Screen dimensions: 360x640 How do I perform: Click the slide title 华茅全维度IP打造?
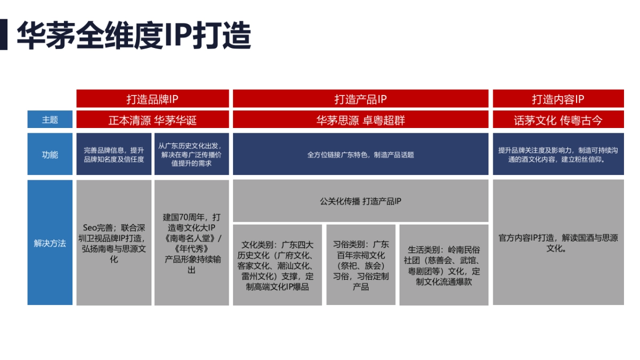[x=133, y=36]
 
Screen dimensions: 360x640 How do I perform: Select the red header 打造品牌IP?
[x=153, y=99]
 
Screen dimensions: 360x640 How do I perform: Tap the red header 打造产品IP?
[x=361, y=99]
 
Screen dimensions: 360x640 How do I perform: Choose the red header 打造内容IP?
[x=558, y=99]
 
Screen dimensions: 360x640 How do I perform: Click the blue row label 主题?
[x=50, y=120]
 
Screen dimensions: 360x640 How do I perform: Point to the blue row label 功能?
[x=50, y=155]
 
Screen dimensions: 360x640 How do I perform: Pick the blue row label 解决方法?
[x=50, y=243]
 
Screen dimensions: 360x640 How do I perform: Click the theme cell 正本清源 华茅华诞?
[x=153, y=120]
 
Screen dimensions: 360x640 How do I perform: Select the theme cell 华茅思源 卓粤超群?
[x=361, y=120]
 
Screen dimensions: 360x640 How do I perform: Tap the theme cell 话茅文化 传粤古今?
[x=558, y=120]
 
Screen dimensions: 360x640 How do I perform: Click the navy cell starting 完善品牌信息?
[x=114, y=155]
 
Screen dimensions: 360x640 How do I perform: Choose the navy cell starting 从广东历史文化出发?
[x=191, y=155]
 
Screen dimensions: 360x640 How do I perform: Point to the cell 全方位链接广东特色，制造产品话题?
[x=361, y=155]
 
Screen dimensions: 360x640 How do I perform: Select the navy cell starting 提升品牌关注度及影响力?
[x=558, y=155]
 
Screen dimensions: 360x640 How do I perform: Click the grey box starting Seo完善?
[x=114, y=243]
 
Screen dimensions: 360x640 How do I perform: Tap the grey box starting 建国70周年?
[x=191, y=243]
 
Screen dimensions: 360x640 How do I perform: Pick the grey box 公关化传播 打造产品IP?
[x=361, y=201]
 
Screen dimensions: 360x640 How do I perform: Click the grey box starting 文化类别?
[x=277, y=265]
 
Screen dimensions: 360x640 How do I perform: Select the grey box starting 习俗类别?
[x=361, y=265]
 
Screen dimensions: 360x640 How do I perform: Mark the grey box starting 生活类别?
[x=444, y=265]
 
